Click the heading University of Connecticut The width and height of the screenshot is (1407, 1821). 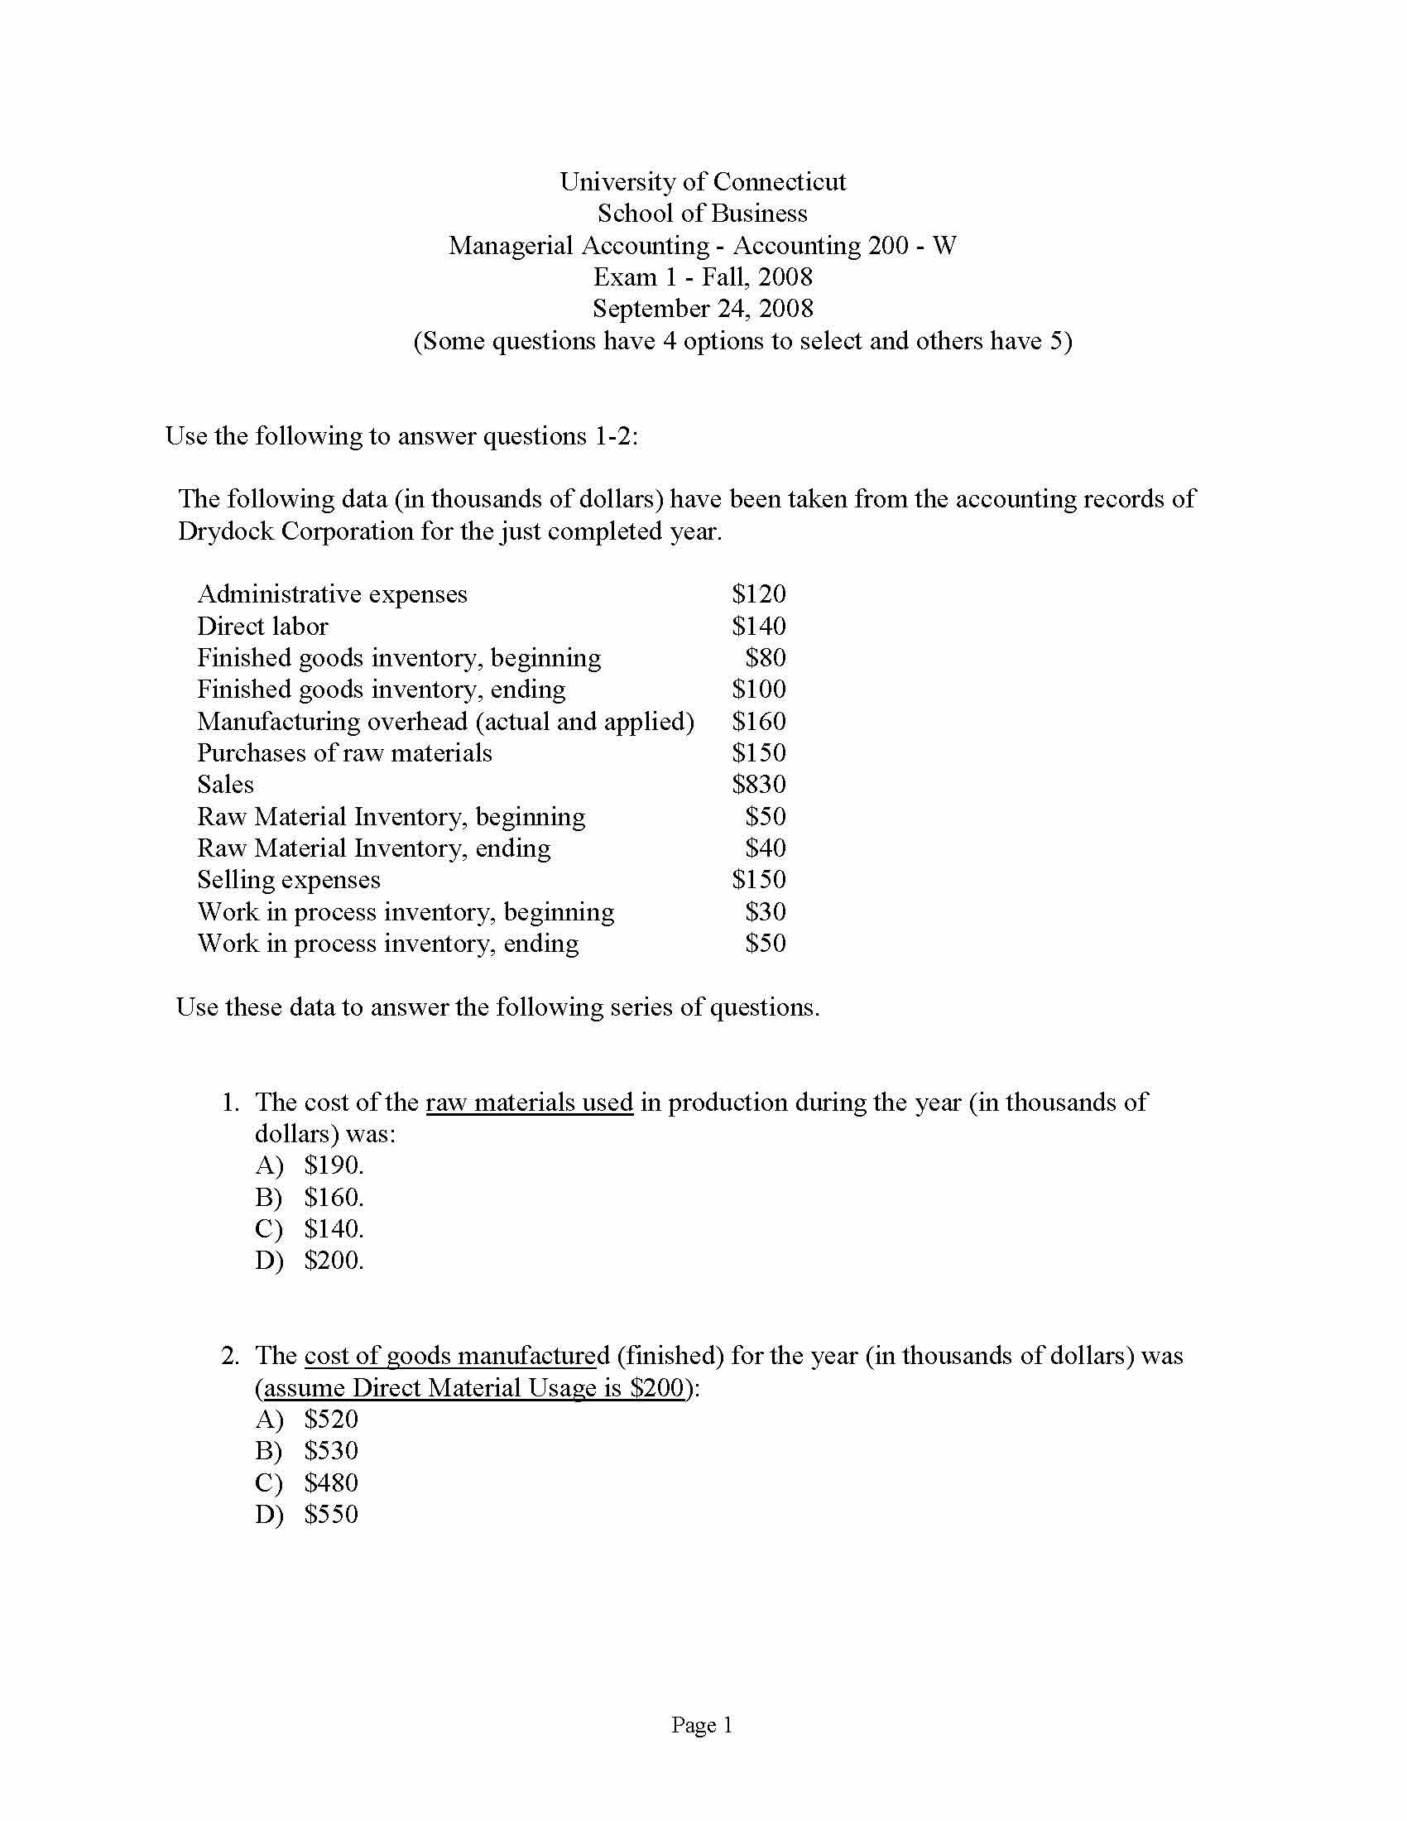pyautogui.click(x=703, y=182)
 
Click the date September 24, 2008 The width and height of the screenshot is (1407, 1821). pyautogui.click(x=703, y=309)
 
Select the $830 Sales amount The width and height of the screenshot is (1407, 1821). pyautogui.click(x=758, y=785)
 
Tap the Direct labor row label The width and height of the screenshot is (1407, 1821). pyautogui.click(x=262, y=627)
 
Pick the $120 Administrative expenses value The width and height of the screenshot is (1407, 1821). pyautogui.click(x=758, y=594)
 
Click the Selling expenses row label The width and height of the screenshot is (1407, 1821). pyautogui.click(x=288, y=880)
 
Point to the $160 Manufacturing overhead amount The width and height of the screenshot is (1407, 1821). pyautogui.click(x=758, y=721)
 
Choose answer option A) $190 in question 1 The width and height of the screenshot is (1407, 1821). pyautogui.click(x=310, y=1165)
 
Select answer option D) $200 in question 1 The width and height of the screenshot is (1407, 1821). pyautogui.click(x=310, y=1261)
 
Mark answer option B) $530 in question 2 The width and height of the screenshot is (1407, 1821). pyautogui.click(x=307, y=1451)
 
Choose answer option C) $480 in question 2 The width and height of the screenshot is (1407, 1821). pyautogui.click(x=307, y=1482)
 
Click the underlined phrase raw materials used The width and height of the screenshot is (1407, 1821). pyautogui.click(x=530, y=1103)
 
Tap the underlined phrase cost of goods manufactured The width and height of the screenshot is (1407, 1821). pyautogui.click(x=457, y=1356)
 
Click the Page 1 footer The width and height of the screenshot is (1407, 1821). pyautogui.click(x=702, y=1724)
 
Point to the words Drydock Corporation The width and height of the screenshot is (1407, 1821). pyautogui.click(x=295, y=531)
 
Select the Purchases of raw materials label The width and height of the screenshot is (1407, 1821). pyautogui.click(x=344, y=753)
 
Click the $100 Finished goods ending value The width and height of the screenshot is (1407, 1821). pyautogui.click(x=758, y=689)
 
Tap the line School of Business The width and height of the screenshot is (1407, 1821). pyautogui.click(x=703, y=214)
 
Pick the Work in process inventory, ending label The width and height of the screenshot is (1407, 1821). pyautogui.click(x=387, y=943)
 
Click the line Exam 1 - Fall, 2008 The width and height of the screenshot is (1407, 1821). pyautogui.click(x=703, y=276)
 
